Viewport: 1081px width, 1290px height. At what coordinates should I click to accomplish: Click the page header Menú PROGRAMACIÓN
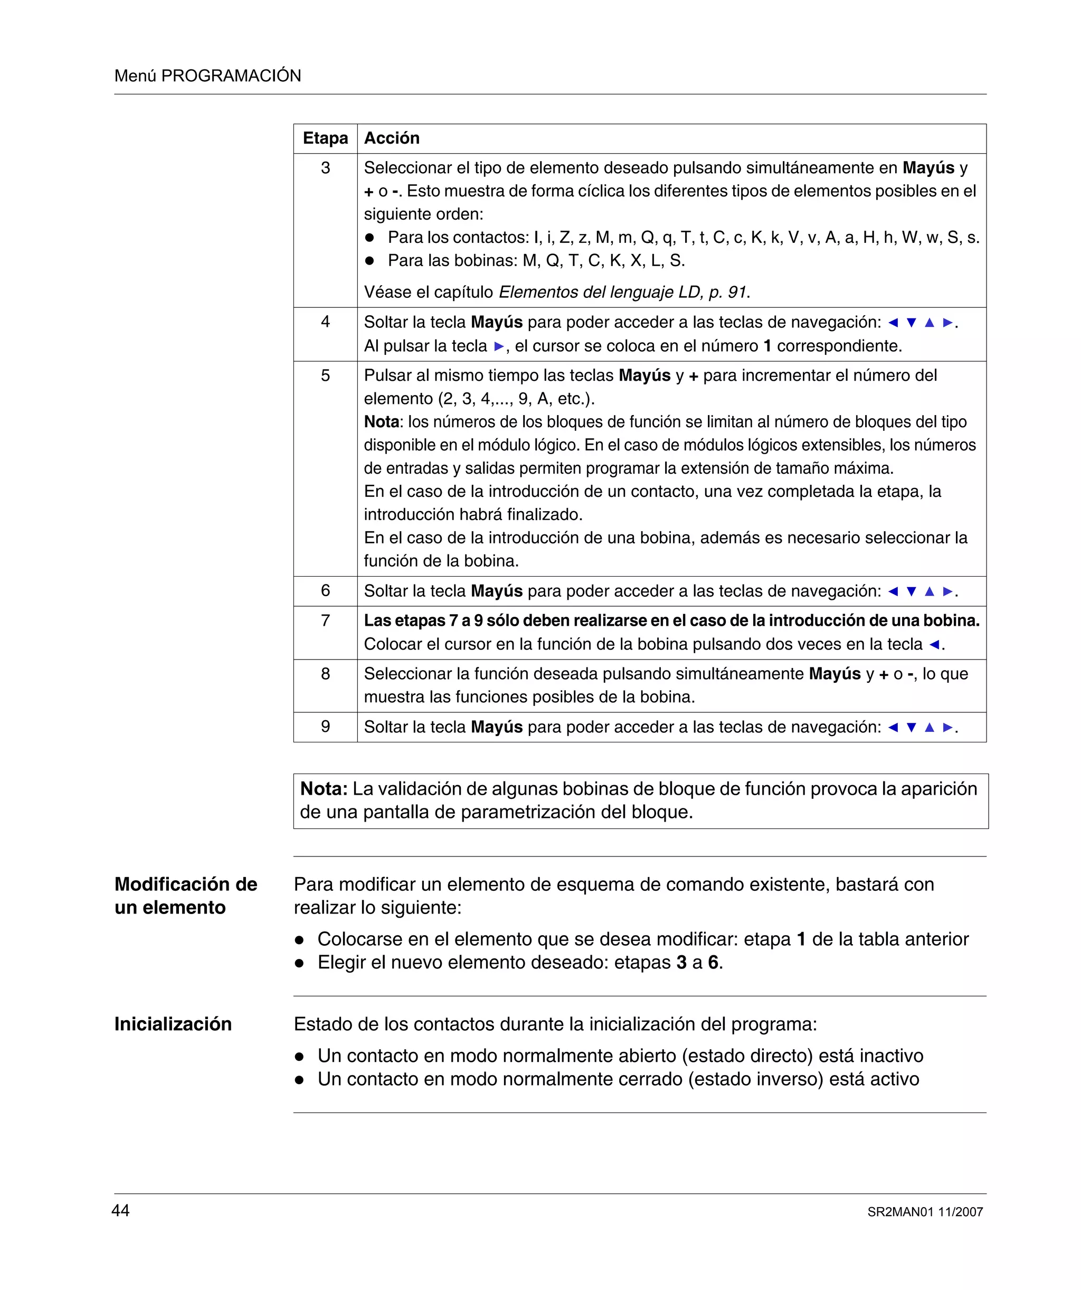tap(207, 76)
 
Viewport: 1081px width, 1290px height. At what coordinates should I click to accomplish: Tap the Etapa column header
tap(325, 138)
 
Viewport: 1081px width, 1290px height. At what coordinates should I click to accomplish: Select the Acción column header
tap(391, 138)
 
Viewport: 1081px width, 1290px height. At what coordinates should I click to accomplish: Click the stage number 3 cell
tap(325, 168)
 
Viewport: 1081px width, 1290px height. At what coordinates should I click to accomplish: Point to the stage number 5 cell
tap(325, 375)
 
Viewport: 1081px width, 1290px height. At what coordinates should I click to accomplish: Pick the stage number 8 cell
tap(325, 674)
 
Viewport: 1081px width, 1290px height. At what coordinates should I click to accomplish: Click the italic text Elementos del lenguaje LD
tap(600, 292)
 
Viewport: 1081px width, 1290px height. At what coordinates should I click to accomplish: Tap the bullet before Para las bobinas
tap(369, 261)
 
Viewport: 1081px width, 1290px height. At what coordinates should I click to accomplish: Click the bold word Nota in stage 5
tap(382, 422)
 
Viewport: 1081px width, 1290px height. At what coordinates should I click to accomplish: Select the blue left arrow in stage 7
tap(934, 644)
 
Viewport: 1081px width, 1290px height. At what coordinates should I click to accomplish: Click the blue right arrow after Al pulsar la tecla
tap(499, 346)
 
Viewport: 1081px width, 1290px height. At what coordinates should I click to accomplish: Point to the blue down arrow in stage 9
tap(912, 727)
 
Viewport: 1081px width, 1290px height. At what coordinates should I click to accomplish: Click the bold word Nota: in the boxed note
tap(324, 789)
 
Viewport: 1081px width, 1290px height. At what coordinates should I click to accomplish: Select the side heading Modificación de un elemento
tap(185, 896)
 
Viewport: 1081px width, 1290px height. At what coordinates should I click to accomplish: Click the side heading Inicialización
tap(173, 1024)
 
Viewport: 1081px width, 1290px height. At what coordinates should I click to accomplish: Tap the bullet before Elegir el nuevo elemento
tap(299, 963)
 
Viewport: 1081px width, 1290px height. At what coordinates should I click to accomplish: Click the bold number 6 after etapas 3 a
tap(713, 963)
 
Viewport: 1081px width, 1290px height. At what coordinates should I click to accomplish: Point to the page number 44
tap(120, 1211)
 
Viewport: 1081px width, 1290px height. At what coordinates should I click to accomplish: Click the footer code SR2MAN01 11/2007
tap(925, 1212)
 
